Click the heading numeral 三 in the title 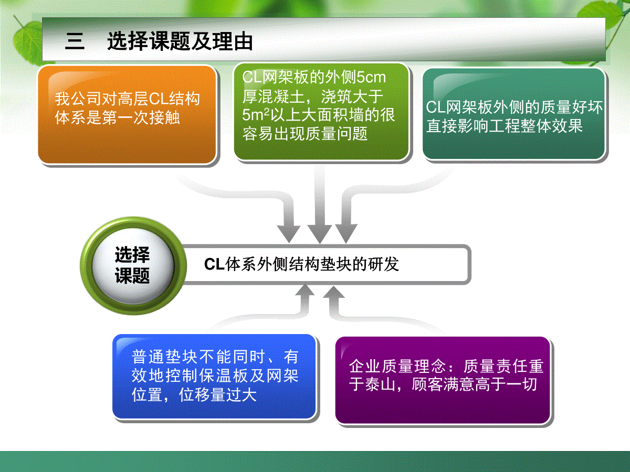click(75, 41)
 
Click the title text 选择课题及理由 click(180, 41)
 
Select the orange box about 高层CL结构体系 click(127, 115)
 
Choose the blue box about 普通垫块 click(214, 377)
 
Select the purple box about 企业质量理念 click(443, 380)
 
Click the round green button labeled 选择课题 click(133, 265)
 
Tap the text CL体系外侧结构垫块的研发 click(301, 264)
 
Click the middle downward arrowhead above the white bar click(320, 233)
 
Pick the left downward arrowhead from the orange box click(289, 233)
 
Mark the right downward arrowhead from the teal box click(346, 233)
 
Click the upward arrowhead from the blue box click(305, 290)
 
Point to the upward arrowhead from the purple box click(334, 292)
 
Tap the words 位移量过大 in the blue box click(217, 394)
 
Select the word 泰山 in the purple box click(380, 384)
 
